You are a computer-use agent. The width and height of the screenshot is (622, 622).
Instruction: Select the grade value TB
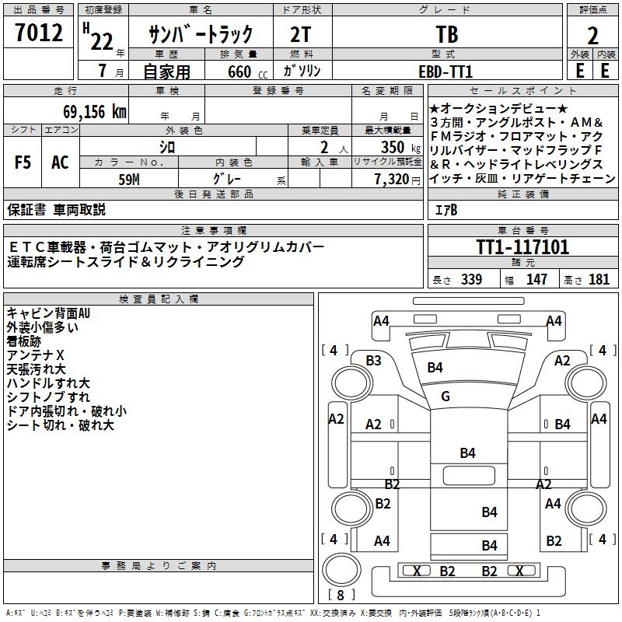(446, 35)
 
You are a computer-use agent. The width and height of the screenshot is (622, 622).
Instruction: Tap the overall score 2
(592, 36)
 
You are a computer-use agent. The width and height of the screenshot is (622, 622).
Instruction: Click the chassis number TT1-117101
(522, 248)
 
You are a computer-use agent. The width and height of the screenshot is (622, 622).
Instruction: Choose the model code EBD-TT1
(446, 71)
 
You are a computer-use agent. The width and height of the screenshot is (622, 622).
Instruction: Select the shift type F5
(23, 162)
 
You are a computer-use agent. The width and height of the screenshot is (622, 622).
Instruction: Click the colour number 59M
(128, 179)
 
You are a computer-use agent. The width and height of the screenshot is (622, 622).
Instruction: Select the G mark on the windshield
(446, 397)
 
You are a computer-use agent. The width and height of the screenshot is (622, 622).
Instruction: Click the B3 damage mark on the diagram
(373, 360)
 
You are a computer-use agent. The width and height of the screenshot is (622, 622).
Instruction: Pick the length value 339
(470, 279)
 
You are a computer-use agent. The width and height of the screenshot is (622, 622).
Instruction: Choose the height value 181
(599, 279)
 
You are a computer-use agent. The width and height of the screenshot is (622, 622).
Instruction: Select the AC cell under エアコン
(60, 162)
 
